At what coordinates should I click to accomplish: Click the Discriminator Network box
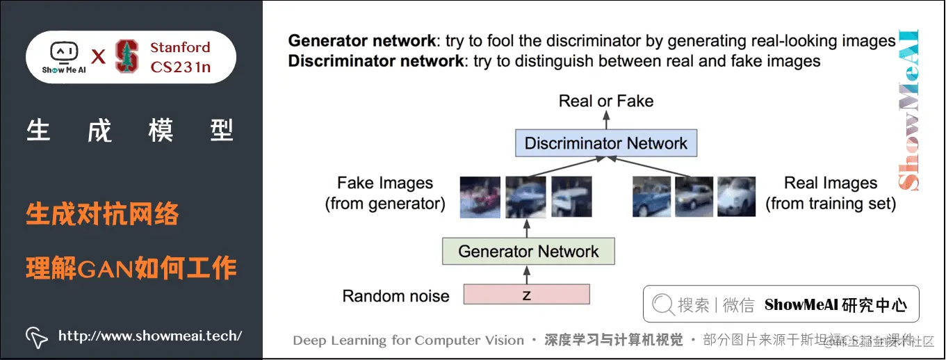tap(605, 143)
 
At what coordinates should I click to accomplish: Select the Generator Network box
tap(528, 251)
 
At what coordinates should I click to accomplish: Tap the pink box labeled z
tap(526, 295)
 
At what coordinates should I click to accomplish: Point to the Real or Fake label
tap(606, 101)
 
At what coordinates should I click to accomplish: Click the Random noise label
tap(395, 296)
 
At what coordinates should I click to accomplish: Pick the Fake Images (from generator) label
tap(385, 193)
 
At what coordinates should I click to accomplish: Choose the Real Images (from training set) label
tap(831, 193)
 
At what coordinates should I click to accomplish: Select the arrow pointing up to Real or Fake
tap(606, 120)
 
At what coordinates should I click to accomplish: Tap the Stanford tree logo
tap(127, 57)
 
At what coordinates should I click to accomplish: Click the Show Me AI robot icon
tap(63, 53)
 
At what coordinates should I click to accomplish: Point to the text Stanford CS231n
tap(180, 57)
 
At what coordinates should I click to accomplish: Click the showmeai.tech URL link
tap(149, 336)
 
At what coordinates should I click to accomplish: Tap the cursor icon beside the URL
tap(36, 336)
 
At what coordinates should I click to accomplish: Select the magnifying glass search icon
tap(663, 304)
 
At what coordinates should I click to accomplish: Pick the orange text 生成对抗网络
tap(102, 214)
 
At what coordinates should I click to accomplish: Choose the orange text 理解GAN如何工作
tap(131, 268)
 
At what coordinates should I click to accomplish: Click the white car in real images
tap(736, 196)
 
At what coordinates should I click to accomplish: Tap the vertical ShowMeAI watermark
tap(908, 111)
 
